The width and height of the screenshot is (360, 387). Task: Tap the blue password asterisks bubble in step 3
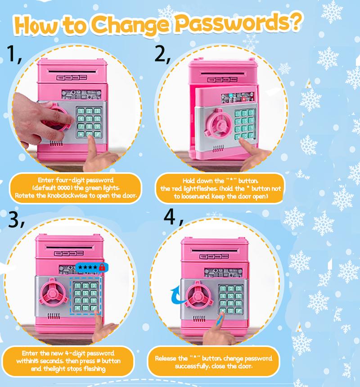pyautogui.click(x=87, y=268)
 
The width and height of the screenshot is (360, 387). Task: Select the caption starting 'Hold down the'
pyautogui.click(x=220, y=188)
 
